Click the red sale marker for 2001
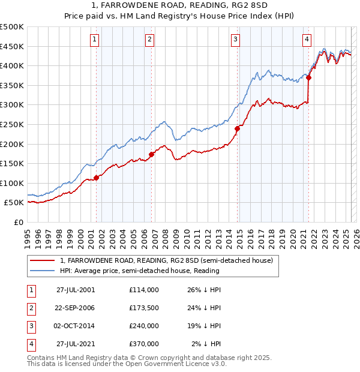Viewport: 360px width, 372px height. (97, 178)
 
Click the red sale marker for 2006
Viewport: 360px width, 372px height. (151, 154)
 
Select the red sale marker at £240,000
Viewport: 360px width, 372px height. (237, 128)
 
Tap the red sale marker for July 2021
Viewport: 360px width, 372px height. (308, 77)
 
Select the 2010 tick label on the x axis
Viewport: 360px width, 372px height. (187, 234)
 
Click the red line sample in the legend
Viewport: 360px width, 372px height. (42, 260)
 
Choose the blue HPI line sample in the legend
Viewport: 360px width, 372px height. (42, 271)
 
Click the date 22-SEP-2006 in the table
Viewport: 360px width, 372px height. (76, 308)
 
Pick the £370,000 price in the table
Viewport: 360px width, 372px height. (143, 344)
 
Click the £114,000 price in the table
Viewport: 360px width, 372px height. (143, 290)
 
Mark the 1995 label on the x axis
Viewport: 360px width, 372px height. (28, 234)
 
